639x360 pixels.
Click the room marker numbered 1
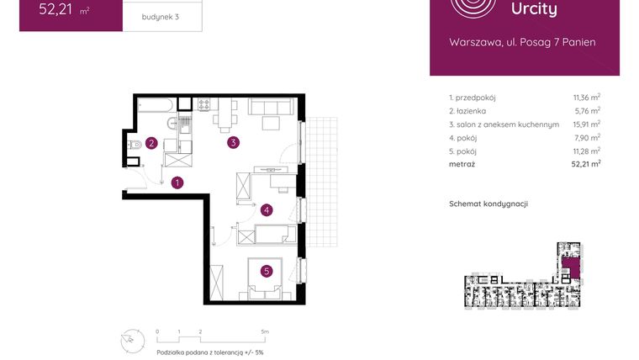tap(177, 181)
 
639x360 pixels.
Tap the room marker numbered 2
tap(151, 143)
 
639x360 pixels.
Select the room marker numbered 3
tap(234, 143)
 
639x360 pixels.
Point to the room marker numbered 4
tap(266, 210)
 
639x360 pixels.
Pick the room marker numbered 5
tap(266, 271)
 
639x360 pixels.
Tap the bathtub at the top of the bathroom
tap(156, 106)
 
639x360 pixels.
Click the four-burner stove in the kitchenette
tap(203, 105)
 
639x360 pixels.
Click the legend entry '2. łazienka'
tap(467, 110)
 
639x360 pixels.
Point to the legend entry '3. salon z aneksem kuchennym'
tap(504, 124)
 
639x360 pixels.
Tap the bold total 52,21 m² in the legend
tap(584, 164)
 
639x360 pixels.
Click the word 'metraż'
tap(462, 164)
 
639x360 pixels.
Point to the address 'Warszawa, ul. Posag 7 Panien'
tap(523, 42)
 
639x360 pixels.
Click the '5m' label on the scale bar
tap(264, 331)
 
